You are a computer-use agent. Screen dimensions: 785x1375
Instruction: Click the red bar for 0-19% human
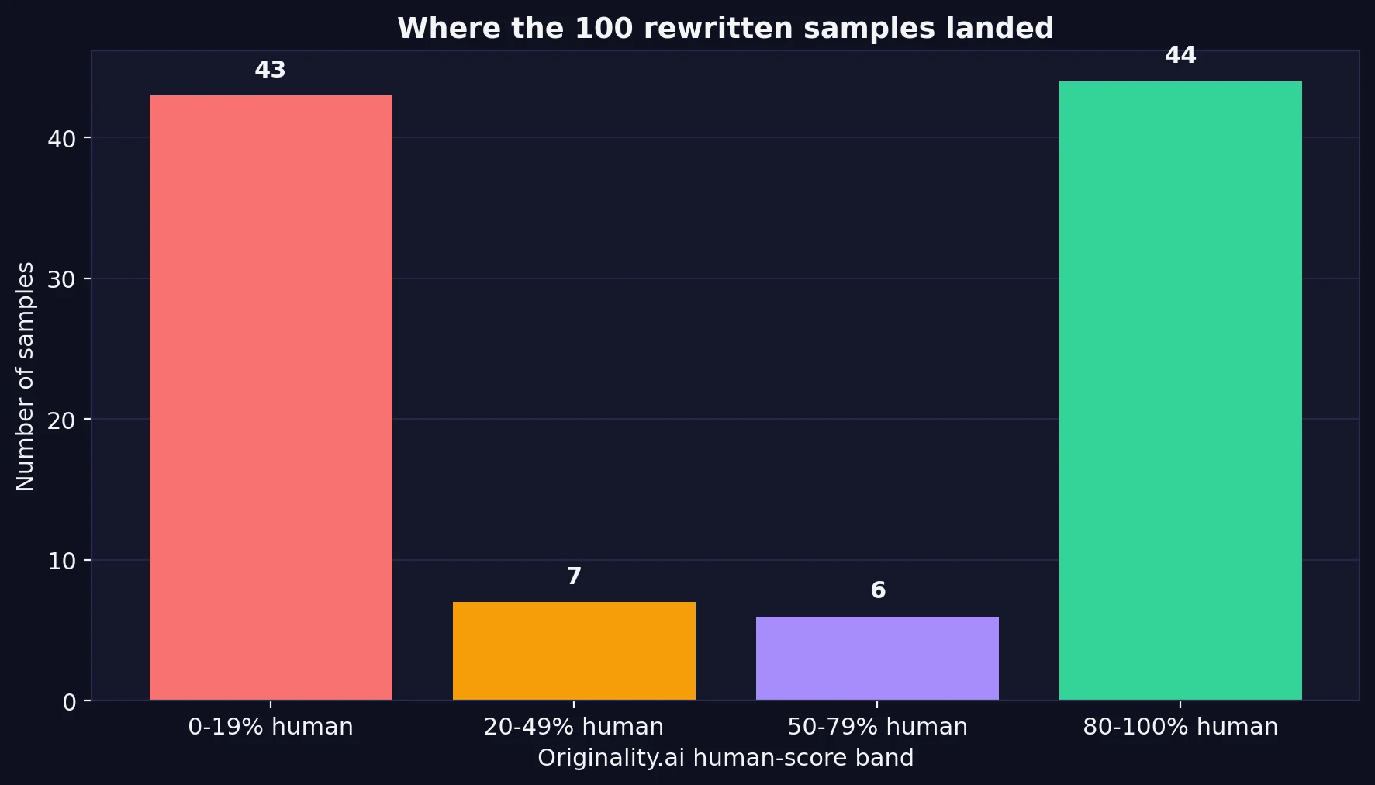click(271, 397)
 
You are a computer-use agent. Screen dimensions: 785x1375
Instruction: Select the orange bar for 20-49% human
click(574, 651)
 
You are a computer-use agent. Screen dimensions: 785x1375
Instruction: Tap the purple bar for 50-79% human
click(877, 658)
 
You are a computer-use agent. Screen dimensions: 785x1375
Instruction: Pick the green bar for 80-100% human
click(1180, 390)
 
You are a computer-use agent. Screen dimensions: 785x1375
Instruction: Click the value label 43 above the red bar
click(270, 70)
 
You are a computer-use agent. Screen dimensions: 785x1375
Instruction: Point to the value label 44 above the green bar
click(1180, 55)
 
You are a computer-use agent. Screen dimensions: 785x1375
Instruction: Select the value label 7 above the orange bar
click(574, 576)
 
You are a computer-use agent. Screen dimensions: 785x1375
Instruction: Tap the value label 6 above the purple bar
click(878, 590)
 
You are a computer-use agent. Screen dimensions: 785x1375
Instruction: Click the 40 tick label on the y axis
click(61, 139)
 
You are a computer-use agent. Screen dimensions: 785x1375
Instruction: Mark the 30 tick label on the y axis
click(61, 279)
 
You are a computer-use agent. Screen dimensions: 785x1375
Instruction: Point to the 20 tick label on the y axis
click(61, 420)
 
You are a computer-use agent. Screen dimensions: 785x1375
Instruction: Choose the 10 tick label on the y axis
click(61, 561)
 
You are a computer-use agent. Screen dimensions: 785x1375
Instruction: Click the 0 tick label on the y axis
click(69, 702)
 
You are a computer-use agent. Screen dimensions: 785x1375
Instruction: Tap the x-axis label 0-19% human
click(271, 727)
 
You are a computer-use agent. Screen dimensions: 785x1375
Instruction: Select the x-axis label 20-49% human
click(574, 727)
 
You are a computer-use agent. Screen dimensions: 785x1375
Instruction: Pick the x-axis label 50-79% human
click(877, 727)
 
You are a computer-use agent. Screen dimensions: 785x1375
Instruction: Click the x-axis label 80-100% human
click(1180, 727)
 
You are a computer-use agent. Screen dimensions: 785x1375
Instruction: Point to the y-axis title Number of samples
click(25, 376)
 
